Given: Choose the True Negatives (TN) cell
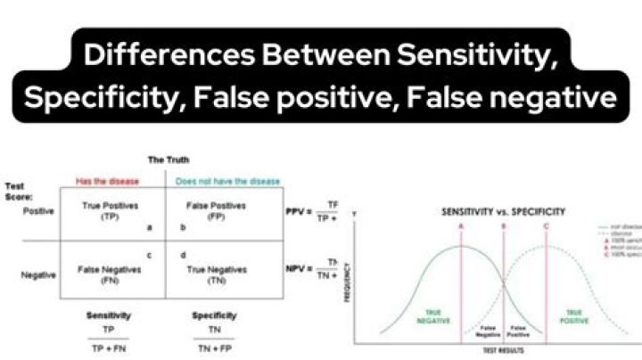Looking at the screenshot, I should pos(217,272).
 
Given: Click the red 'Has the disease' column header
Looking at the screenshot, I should pos(108,181).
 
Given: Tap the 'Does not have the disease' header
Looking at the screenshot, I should pos(228,181).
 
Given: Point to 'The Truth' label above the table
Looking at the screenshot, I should pos(169,160).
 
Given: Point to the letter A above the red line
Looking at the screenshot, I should pos(461,226).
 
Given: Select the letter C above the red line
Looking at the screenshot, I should pos(546,226).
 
